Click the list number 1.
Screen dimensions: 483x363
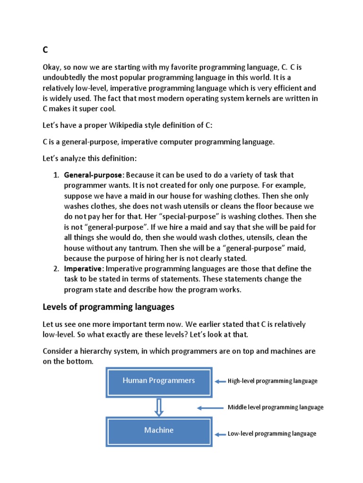click(55, 175)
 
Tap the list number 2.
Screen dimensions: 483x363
click(55, 268)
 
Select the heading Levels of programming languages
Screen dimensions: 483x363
click(108, 307)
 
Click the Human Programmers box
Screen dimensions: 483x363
click(159, 381)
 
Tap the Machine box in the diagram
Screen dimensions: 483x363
click(159, 431)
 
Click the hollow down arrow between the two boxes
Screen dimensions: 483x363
click(159, 406)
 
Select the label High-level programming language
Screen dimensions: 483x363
click(272, 381)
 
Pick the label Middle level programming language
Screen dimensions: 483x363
click(276, 408)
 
